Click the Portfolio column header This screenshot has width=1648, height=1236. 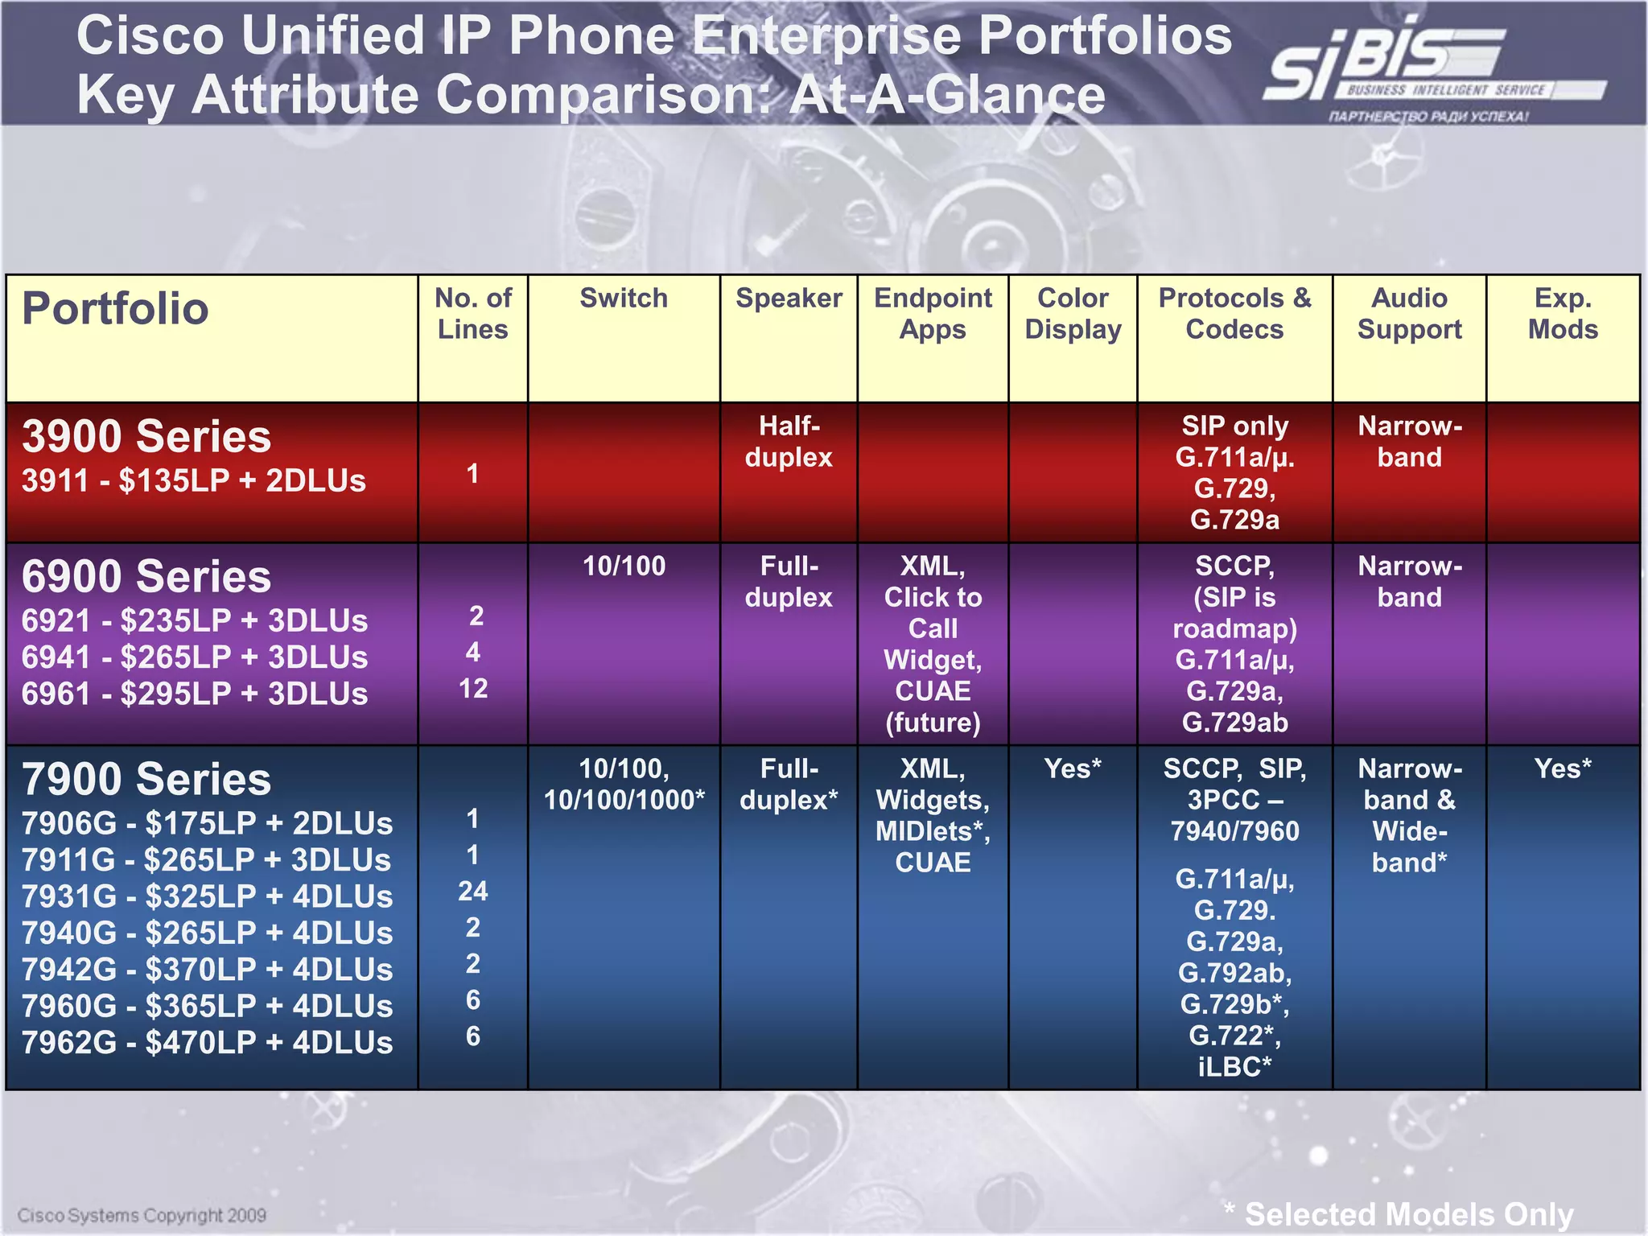(115, 309)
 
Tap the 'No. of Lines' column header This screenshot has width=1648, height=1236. (473, 314)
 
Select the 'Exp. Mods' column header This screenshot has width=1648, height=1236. (1563, 314)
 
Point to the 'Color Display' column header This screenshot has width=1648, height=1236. (1073, 314)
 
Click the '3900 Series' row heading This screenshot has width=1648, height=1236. (146, 437)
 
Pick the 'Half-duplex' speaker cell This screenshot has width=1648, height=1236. (789, 441)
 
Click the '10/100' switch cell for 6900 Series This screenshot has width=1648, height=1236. (624, 566)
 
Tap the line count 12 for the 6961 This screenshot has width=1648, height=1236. (473, 689)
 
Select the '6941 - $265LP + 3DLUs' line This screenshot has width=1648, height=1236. (195, 657)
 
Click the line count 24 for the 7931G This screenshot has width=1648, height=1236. (473, 892)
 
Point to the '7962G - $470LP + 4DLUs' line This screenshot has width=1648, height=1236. (207, 1043)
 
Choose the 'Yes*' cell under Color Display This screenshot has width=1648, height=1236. (1073, 768)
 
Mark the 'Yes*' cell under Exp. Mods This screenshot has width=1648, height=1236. (1563, 768)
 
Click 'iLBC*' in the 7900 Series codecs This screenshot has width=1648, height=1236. (1234, 1067)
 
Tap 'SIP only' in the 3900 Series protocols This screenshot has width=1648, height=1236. (1234, 426)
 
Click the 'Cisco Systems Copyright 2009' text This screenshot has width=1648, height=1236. (142, 1215)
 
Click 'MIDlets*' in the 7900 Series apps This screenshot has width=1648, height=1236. (933, 831)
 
